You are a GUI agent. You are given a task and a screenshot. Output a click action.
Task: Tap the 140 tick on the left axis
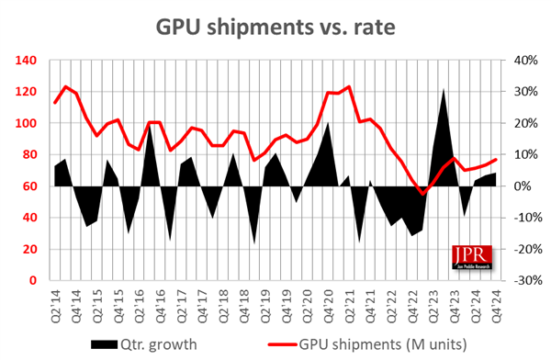(x=25, y=61)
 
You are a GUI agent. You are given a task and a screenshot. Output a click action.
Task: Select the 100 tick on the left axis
(x=25, y=123)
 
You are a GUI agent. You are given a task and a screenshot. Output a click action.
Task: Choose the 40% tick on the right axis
(x=528, y=61)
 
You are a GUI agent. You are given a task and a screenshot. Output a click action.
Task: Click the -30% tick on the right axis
(x=526, y=280)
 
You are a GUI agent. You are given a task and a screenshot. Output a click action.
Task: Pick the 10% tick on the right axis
(x=528, y=154)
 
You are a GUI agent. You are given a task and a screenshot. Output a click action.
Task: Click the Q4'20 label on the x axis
(x=328, y=302)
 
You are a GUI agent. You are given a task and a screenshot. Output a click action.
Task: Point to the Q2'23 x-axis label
(x=432, y=302)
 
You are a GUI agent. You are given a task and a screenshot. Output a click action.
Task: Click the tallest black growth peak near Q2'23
(x=444, y=89)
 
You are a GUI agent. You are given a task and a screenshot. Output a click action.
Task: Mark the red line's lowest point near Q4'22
(x=423, y=194)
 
